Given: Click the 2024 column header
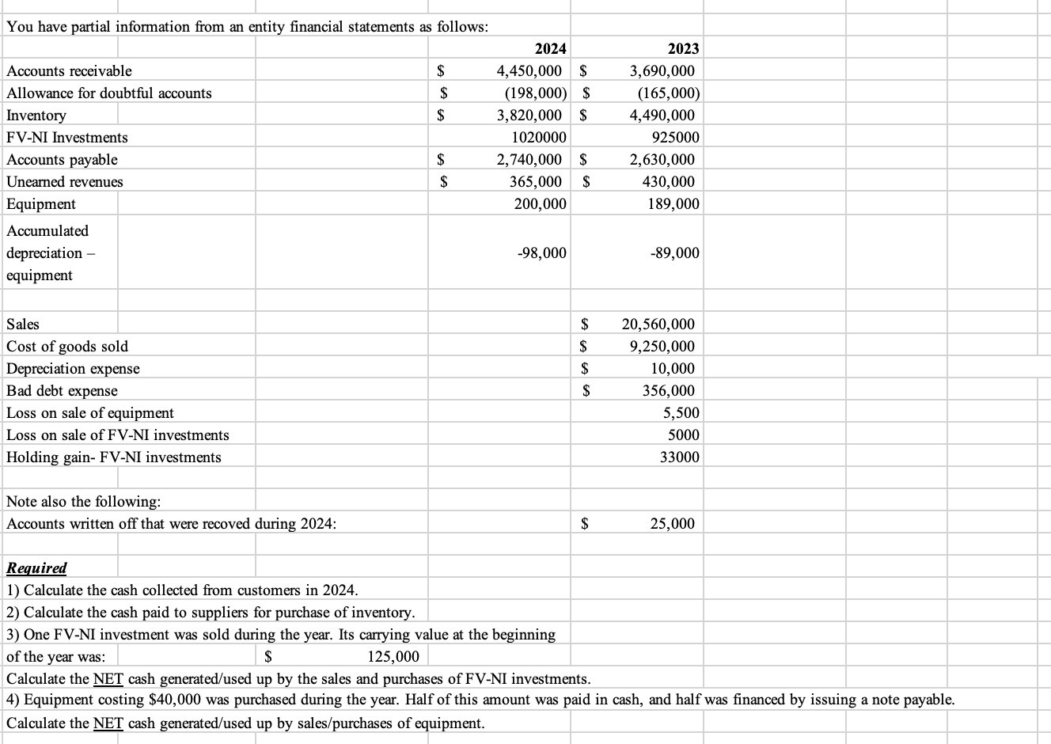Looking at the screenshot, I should pos(550,49).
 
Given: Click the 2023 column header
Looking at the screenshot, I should pos(683,49).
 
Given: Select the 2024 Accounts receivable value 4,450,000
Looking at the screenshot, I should pos(529,71).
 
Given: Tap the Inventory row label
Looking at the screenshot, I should pos(36,116).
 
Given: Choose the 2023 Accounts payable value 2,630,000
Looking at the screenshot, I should pos(662,160).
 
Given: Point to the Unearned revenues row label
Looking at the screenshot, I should pos(65,182).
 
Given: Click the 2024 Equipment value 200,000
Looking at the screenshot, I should pos(541,204).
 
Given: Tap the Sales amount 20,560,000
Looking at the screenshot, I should pos(658,325).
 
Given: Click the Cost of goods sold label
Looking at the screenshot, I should pos(67,347).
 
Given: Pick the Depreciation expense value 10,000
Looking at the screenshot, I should pos(673,369).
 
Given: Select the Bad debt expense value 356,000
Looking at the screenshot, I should pos(668,391).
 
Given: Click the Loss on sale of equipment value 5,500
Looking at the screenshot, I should pos(681,413).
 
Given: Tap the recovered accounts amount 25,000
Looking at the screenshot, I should pos(673,524).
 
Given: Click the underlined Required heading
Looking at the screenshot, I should pos(36,568).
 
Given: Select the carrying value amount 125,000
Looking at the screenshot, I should pos(394,657).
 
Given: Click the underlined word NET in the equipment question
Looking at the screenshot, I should pos(108,723).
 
